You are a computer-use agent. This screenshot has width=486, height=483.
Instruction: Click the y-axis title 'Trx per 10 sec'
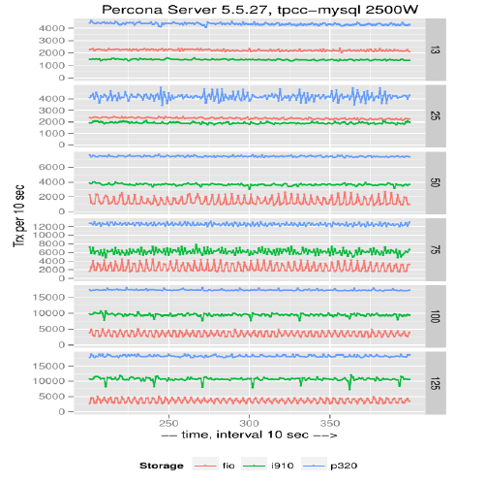[x=19, y=216]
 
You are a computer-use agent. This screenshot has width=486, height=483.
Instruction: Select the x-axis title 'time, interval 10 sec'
[x=245, y=435]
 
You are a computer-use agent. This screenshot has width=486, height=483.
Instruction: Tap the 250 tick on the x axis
[x=168, y=423]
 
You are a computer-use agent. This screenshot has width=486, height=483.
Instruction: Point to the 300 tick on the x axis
[x=250, y=423]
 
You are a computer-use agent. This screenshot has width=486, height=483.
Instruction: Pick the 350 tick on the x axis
[x=330, y=423]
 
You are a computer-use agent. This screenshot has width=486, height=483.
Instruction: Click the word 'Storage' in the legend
[x=162, y=466]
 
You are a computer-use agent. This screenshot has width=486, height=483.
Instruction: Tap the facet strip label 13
[x=436, y=49]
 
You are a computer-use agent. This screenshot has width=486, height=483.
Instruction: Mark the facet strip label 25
[x=436, y=115]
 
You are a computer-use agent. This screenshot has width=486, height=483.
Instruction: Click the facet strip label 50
[x=436, y=182]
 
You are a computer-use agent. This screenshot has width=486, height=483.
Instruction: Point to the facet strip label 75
[x=436, y=249]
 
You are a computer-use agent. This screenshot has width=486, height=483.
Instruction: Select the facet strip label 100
[x=436, y=316]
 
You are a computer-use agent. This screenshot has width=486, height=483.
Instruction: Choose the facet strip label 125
[x=436, y=383]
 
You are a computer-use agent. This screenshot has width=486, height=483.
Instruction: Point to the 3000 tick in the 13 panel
[x=51, y=41]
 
